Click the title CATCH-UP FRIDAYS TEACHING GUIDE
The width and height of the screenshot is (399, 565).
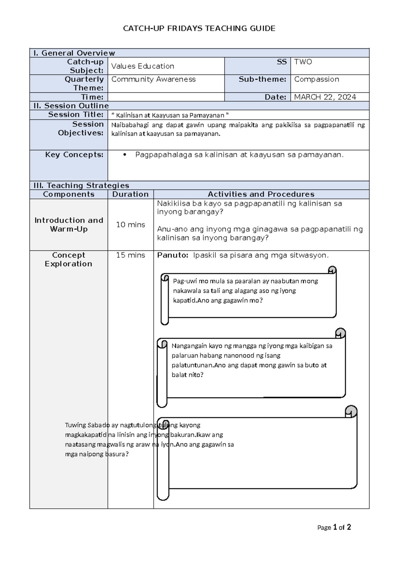click(x=199, y=28)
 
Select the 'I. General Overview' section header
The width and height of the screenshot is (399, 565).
click(x=74, y=53)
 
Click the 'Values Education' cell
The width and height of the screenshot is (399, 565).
click(x=143, y=66)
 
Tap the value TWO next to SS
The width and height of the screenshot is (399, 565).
click(x=303, y=62)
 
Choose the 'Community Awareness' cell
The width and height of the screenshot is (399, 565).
click(x=153, y=79)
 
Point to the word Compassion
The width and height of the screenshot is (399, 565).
click(x=317, y=79)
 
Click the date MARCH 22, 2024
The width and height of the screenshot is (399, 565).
click(x=325, y=97)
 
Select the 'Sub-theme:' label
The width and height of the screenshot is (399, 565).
click(x=262, y=79)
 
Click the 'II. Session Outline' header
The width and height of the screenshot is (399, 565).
click(x=71, y=106)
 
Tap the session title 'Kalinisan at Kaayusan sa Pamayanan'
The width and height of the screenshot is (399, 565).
click(x=170, y=115)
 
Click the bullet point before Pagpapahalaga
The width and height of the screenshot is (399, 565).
click(x=125, y=155)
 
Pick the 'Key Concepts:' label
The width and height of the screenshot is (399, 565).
click(x=74, y=155)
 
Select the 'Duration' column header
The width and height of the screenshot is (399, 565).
click(x=130, y=194)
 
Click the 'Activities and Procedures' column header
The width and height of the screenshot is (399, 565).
click(x=261, y=194)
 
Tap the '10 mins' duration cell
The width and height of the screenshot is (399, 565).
click(x=130, y=225)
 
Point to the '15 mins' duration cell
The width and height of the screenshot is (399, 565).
click(x=130, y=255)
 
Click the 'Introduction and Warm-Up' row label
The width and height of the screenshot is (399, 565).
click(x=69, y=225)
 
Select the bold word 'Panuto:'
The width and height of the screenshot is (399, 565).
click(x=173, y=255)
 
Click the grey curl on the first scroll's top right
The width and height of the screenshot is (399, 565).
click(x=332, y=270)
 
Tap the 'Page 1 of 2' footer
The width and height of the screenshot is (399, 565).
click(x=334, y=527)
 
